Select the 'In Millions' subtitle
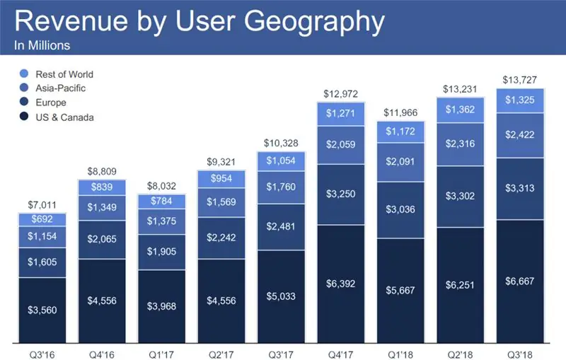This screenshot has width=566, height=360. pos(42,47)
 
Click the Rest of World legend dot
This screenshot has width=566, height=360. pos(25,74)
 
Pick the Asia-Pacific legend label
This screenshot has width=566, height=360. pos(63,88)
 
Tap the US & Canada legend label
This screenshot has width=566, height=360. pos(66,117)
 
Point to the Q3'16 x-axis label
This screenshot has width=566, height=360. pos(41,351)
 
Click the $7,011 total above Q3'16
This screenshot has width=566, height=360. pos(41,204)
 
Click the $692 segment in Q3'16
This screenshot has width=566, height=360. pos(41,219)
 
